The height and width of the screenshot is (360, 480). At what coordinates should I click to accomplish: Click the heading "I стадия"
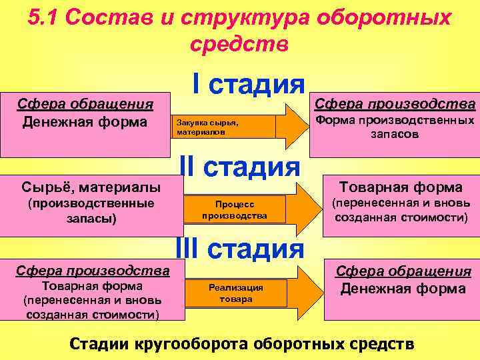pos(248,85)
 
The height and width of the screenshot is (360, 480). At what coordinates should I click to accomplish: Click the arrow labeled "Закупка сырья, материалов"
pos(240,127)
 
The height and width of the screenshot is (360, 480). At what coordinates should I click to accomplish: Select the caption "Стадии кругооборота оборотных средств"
pos(242,344)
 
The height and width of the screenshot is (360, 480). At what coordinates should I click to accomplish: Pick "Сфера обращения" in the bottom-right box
pos(403,271)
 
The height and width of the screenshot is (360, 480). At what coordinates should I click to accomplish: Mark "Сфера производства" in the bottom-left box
pos(93,271)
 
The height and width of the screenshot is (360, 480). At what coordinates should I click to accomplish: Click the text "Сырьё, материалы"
pos(91,185)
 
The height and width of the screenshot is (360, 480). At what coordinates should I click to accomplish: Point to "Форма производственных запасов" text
pos(395,127)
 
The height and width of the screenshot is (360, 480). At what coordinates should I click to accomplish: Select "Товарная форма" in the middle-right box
pos(401,187)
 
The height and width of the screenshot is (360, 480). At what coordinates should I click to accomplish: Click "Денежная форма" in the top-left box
pos(85,122)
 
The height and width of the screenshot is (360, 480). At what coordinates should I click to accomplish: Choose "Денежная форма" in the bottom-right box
pos(403,289)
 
